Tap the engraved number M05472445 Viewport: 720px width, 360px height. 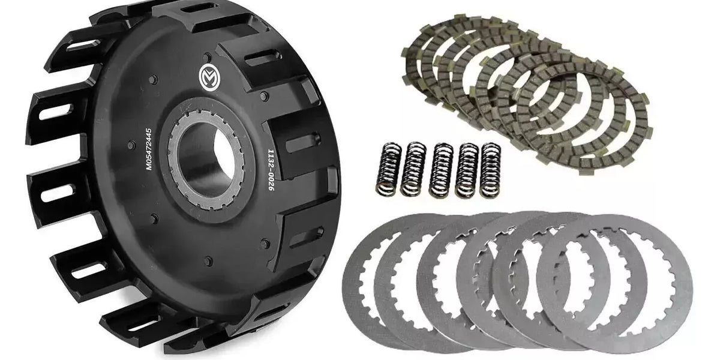pos(149,149)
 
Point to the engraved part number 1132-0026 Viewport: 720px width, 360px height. pos(271,170)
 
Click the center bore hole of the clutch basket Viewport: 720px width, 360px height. pos(206,157)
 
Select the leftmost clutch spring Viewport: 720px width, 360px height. pos(389,169)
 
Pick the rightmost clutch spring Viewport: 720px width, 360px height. pos(490,169)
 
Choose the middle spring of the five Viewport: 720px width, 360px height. pos(441,170)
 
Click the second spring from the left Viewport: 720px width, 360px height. pos(413,169)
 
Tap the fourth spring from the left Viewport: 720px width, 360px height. pos(467,170)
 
